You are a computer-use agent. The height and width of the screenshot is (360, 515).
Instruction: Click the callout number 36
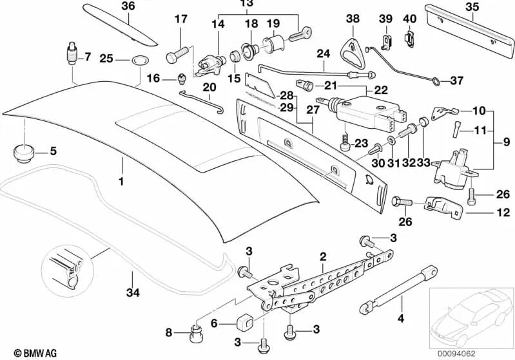(x=128, y=6)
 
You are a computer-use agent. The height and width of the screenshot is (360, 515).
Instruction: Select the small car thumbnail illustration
(x=471, y=316)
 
